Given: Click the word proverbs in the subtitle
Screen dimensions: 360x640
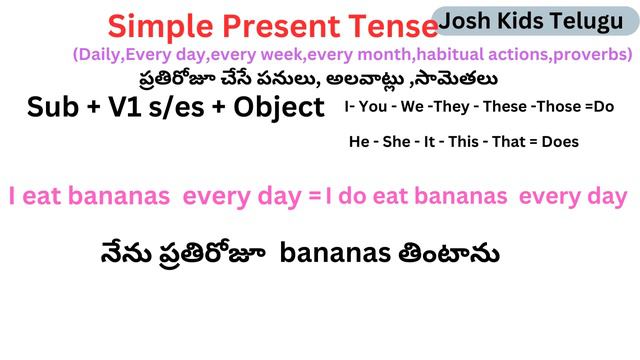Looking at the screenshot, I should click(592, 53).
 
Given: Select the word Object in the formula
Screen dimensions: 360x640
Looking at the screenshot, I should click(274, 108).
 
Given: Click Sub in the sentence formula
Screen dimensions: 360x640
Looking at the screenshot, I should click(56, 108).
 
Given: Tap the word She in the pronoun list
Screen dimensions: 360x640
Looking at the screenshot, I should click(397, 142).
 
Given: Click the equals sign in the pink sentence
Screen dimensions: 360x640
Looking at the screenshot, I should click(314, 198).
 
